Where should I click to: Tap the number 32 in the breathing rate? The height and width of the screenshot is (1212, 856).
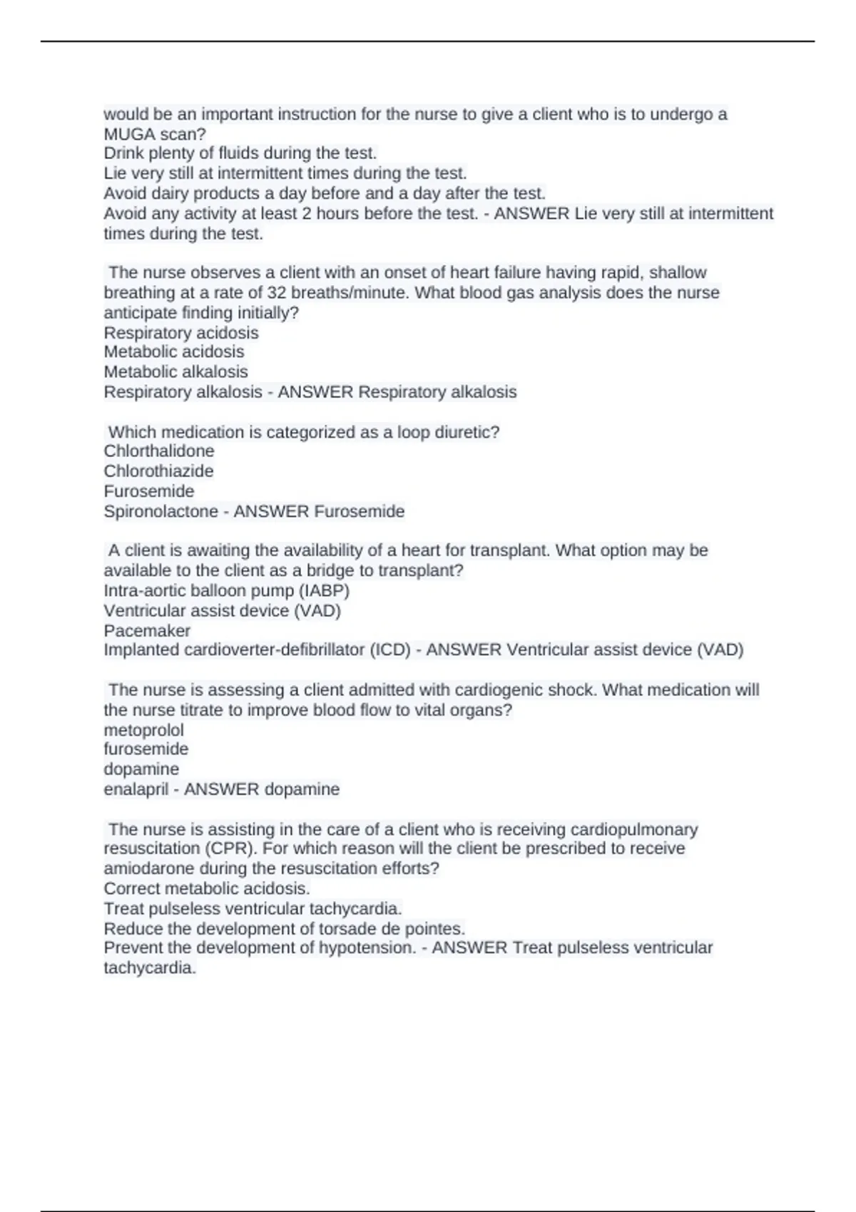click(x=276, y=293)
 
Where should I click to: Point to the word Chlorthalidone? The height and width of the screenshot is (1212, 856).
click(x=158, y=451)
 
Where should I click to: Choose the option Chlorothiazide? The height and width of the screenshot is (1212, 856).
click(x=158, y=471)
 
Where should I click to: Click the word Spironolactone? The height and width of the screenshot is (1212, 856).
click(x=160, y=511)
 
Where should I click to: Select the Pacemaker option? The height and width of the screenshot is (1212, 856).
click(x=147, y=631)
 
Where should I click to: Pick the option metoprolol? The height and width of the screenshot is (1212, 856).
click(x=143, y=730)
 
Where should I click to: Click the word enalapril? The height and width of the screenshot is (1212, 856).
click(x=136, y=789)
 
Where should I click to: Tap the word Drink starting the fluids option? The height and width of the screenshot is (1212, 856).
click(x=123, y=153)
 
